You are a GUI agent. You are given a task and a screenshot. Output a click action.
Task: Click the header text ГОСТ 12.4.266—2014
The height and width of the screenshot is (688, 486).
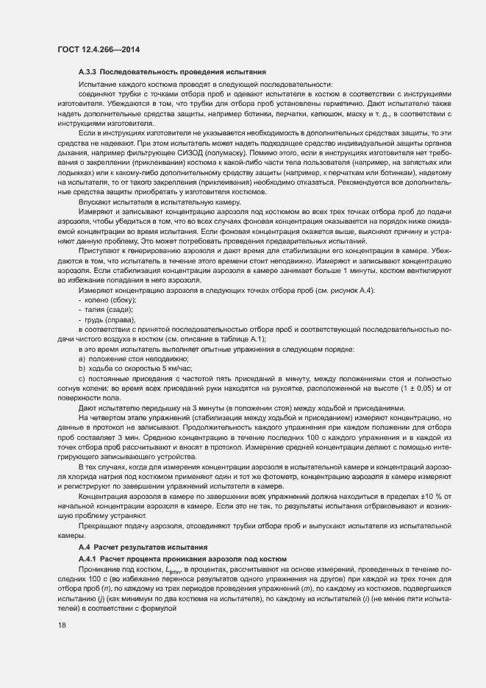(98, 49)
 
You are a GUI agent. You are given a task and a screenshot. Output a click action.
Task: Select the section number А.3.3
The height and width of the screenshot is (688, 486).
(87, 72)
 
